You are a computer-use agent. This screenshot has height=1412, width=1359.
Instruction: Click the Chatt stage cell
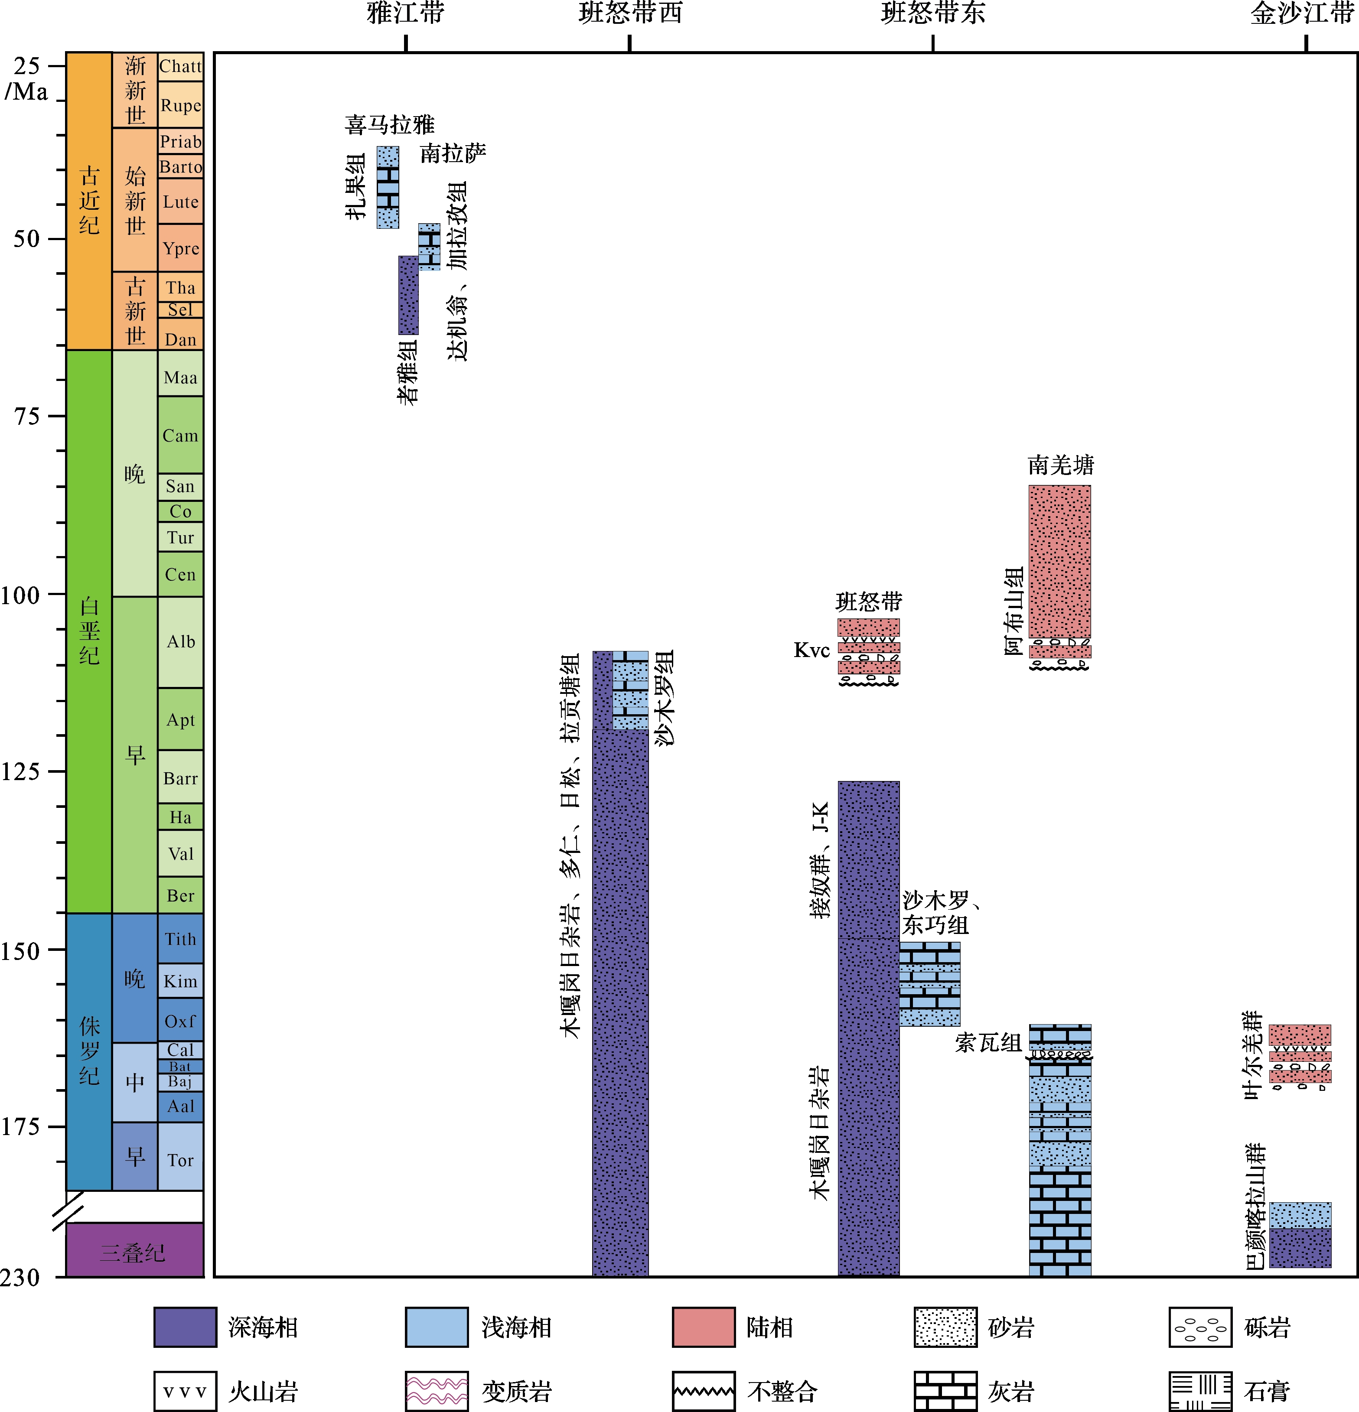180,66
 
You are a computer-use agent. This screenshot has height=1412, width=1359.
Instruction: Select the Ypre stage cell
180,248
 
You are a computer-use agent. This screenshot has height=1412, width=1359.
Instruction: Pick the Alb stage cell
180,641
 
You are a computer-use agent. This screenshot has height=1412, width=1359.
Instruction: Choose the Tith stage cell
180,939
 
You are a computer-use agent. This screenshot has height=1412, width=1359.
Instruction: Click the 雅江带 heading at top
406,13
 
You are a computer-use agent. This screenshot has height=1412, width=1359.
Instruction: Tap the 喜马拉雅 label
389,125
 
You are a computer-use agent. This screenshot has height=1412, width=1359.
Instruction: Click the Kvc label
811,651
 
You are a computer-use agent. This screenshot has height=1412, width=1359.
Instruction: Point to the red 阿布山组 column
1059,562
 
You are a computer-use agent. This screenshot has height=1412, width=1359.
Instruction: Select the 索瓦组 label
988,1042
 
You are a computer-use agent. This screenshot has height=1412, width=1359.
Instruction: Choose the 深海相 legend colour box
185,1327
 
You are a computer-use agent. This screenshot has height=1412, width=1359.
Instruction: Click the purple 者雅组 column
408,296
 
